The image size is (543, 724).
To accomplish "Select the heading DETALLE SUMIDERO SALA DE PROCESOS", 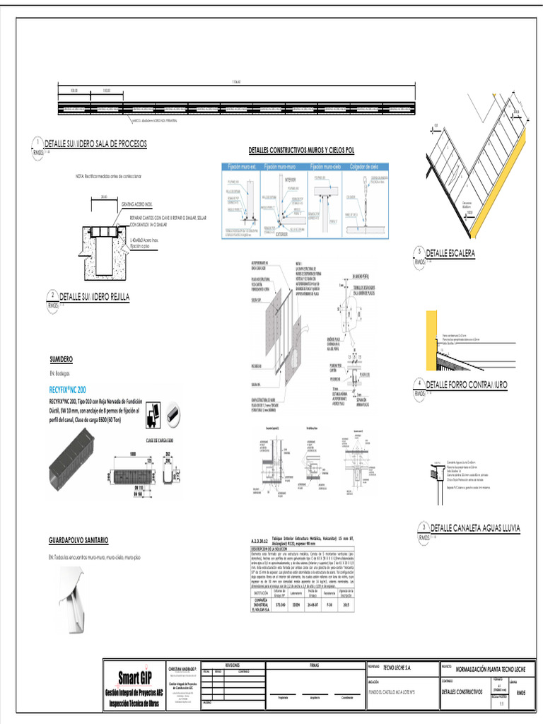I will (x=95, y=144).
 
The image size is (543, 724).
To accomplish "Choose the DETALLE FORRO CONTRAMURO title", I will (x=466, y=385).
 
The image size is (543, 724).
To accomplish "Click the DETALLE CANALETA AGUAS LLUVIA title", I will (x=475, y=528).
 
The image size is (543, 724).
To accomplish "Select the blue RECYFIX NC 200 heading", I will (x=68, y=390).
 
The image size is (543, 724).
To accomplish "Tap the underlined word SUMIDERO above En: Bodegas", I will (x=61, y=359).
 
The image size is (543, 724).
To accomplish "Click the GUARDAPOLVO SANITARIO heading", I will (x=78, y=540).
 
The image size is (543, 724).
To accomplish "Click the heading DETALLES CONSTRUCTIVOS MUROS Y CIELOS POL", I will (x=301, y=151).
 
